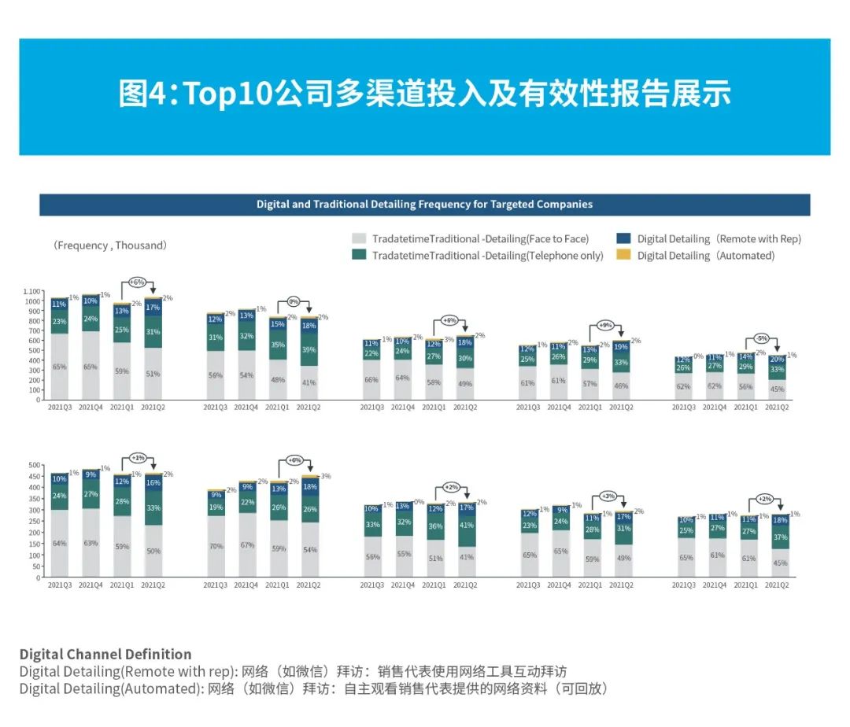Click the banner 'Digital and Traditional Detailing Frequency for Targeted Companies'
point(424,205)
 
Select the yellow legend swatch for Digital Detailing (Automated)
point(623,255)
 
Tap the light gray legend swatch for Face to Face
point(359,238)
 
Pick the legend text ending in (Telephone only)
point(487,256)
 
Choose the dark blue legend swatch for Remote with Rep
point(623,238)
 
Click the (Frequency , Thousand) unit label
point(110,245)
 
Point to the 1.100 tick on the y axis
point(32,292)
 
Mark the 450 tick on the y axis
point(34,476)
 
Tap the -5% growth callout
point(761,338)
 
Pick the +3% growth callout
point(607,496)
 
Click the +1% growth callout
point(138,457)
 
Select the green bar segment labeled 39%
point(309,349)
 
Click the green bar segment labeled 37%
point(778,537)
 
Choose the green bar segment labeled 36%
point(435,526)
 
